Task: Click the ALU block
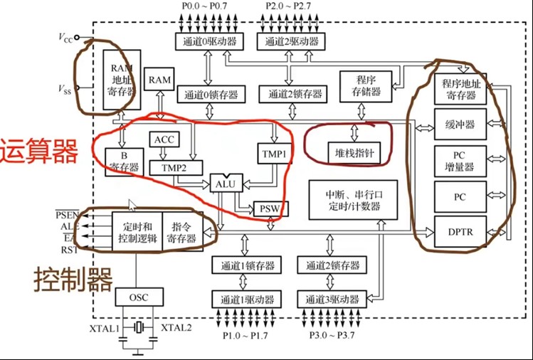click(223, 184)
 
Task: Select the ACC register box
click(164, 140)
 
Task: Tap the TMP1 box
click(274, 154)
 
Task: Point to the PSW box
click(267, 208)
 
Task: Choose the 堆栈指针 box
click(349, 152)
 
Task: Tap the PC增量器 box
click(460, 162)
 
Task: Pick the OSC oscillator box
click(139, 297)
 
